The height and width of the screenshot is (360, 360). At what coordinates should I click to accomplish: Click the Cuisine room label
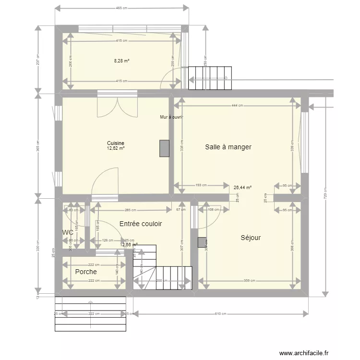pyautogui.click(x=116, y=143)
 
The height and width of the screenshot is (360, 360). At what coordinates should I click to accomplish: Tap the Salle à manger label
pyautogui.click(x=228, y=147)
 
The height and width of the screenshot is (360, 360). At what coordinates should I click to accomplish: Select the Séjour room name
pyautogui.click(x=251, y=237)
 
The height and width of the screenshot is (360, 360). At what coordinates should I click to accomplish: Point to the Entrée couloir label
pyautogui.click(x=141, y=224)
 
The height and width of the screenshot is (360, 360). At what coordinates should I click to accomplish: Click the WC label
pyautogui.click(x=68, y=232)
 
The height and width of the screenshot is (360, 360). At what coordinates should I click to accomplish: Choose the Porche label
pyautogui.click(x=86, y=272)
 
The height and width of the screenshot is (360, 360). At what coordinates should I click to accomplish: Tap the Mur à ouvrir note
pyautogui.click(x=171, y=117)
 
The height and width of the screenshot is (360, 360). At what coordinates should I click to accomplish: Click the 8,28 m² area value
pyautogui.click(x=121, y=61)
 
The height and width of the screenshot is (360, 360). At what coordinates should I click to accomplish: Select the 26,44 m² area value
pyautogui.click(x=243, y=188)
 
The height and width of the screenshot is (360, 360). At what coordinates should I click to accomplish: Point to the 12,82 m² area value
pyautogui.click(x=116, y=148)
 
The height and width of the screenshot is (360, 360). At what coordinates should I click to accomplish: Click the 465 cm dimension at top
pyautogui.click(x=122, y=8)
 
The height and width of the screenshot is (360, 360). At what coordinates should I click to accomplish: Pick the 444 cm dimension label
pyautogui.click(x=237, y=106)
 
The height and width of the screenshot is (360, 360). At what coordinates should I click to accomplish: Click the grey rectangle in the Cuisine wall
pyautogui.click(x=165, y=148)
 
